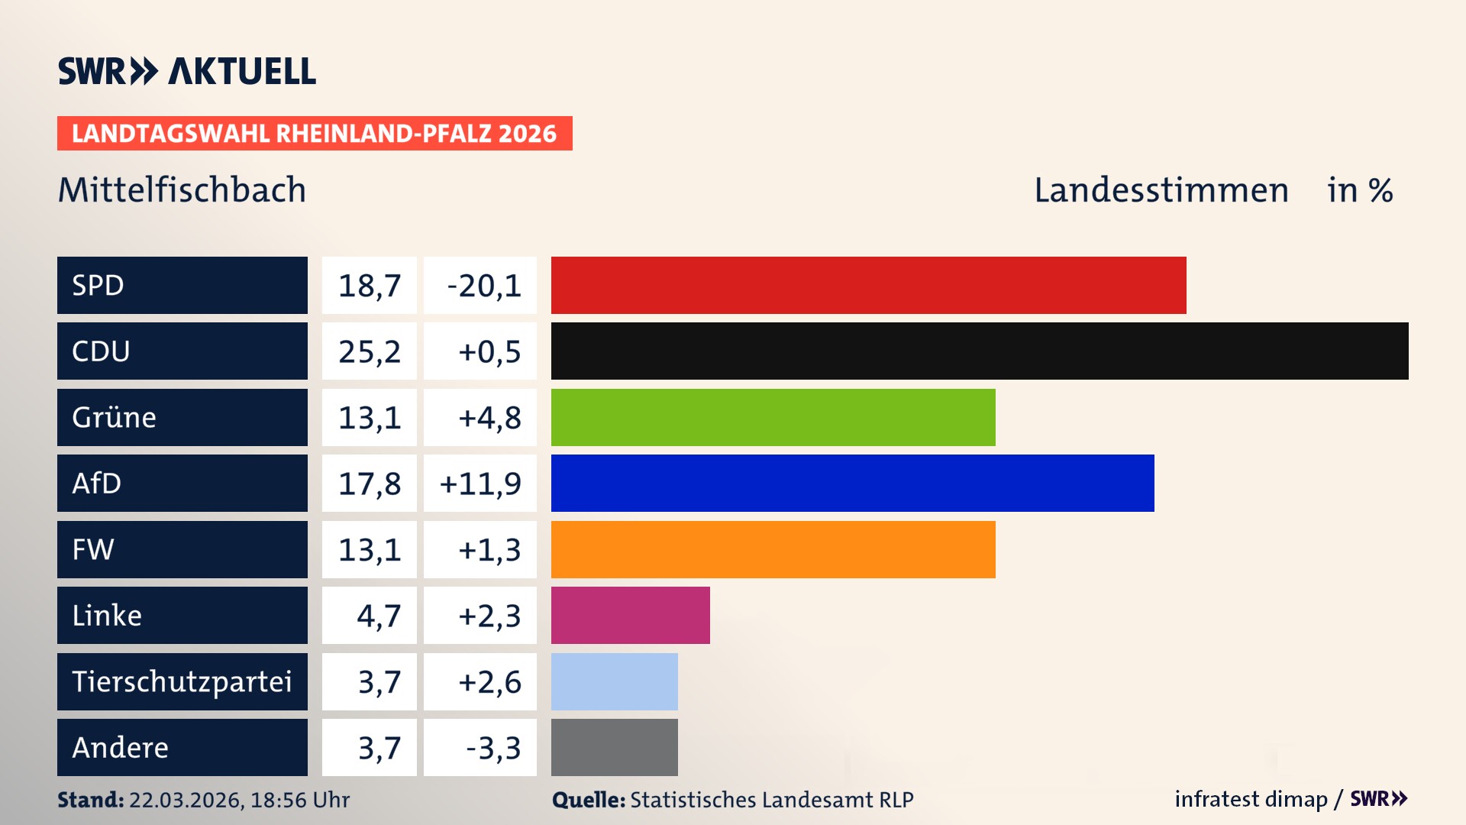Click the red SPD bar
[x=868, y=285]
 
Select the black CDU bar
[x=980, y=351]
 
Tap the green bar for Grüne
[x=773, y=417]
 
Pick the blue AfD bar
[x=852, y=483]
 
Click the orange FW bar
[x=773, y=549]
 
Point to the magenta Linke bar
[x=630, y=615]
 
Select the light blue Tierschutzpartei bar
[x=614, y=681]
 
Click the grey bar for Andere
[x=614, y=747]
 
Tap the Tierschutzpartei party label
[x=182, y=681]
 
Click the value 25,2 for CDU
[x=370, y=351]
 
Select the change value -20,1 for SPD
[x=483, y=286]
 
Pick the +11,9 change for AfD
[x=480, y=484]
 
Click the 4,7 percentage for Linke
[x=378, y=616]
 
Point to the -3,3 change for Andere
[x=492, y=748]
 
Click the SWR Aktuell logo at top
[x=186, y=71]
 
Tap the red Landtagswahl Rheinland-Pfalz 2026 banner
[x=314, y=134]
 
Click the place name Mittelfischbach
[x=182, y=190]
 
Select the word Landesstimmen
[x=1161, y=190]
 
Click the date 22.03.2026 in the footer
[x=186, y=800]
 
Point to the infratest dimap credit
[x=1250, y=799]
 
